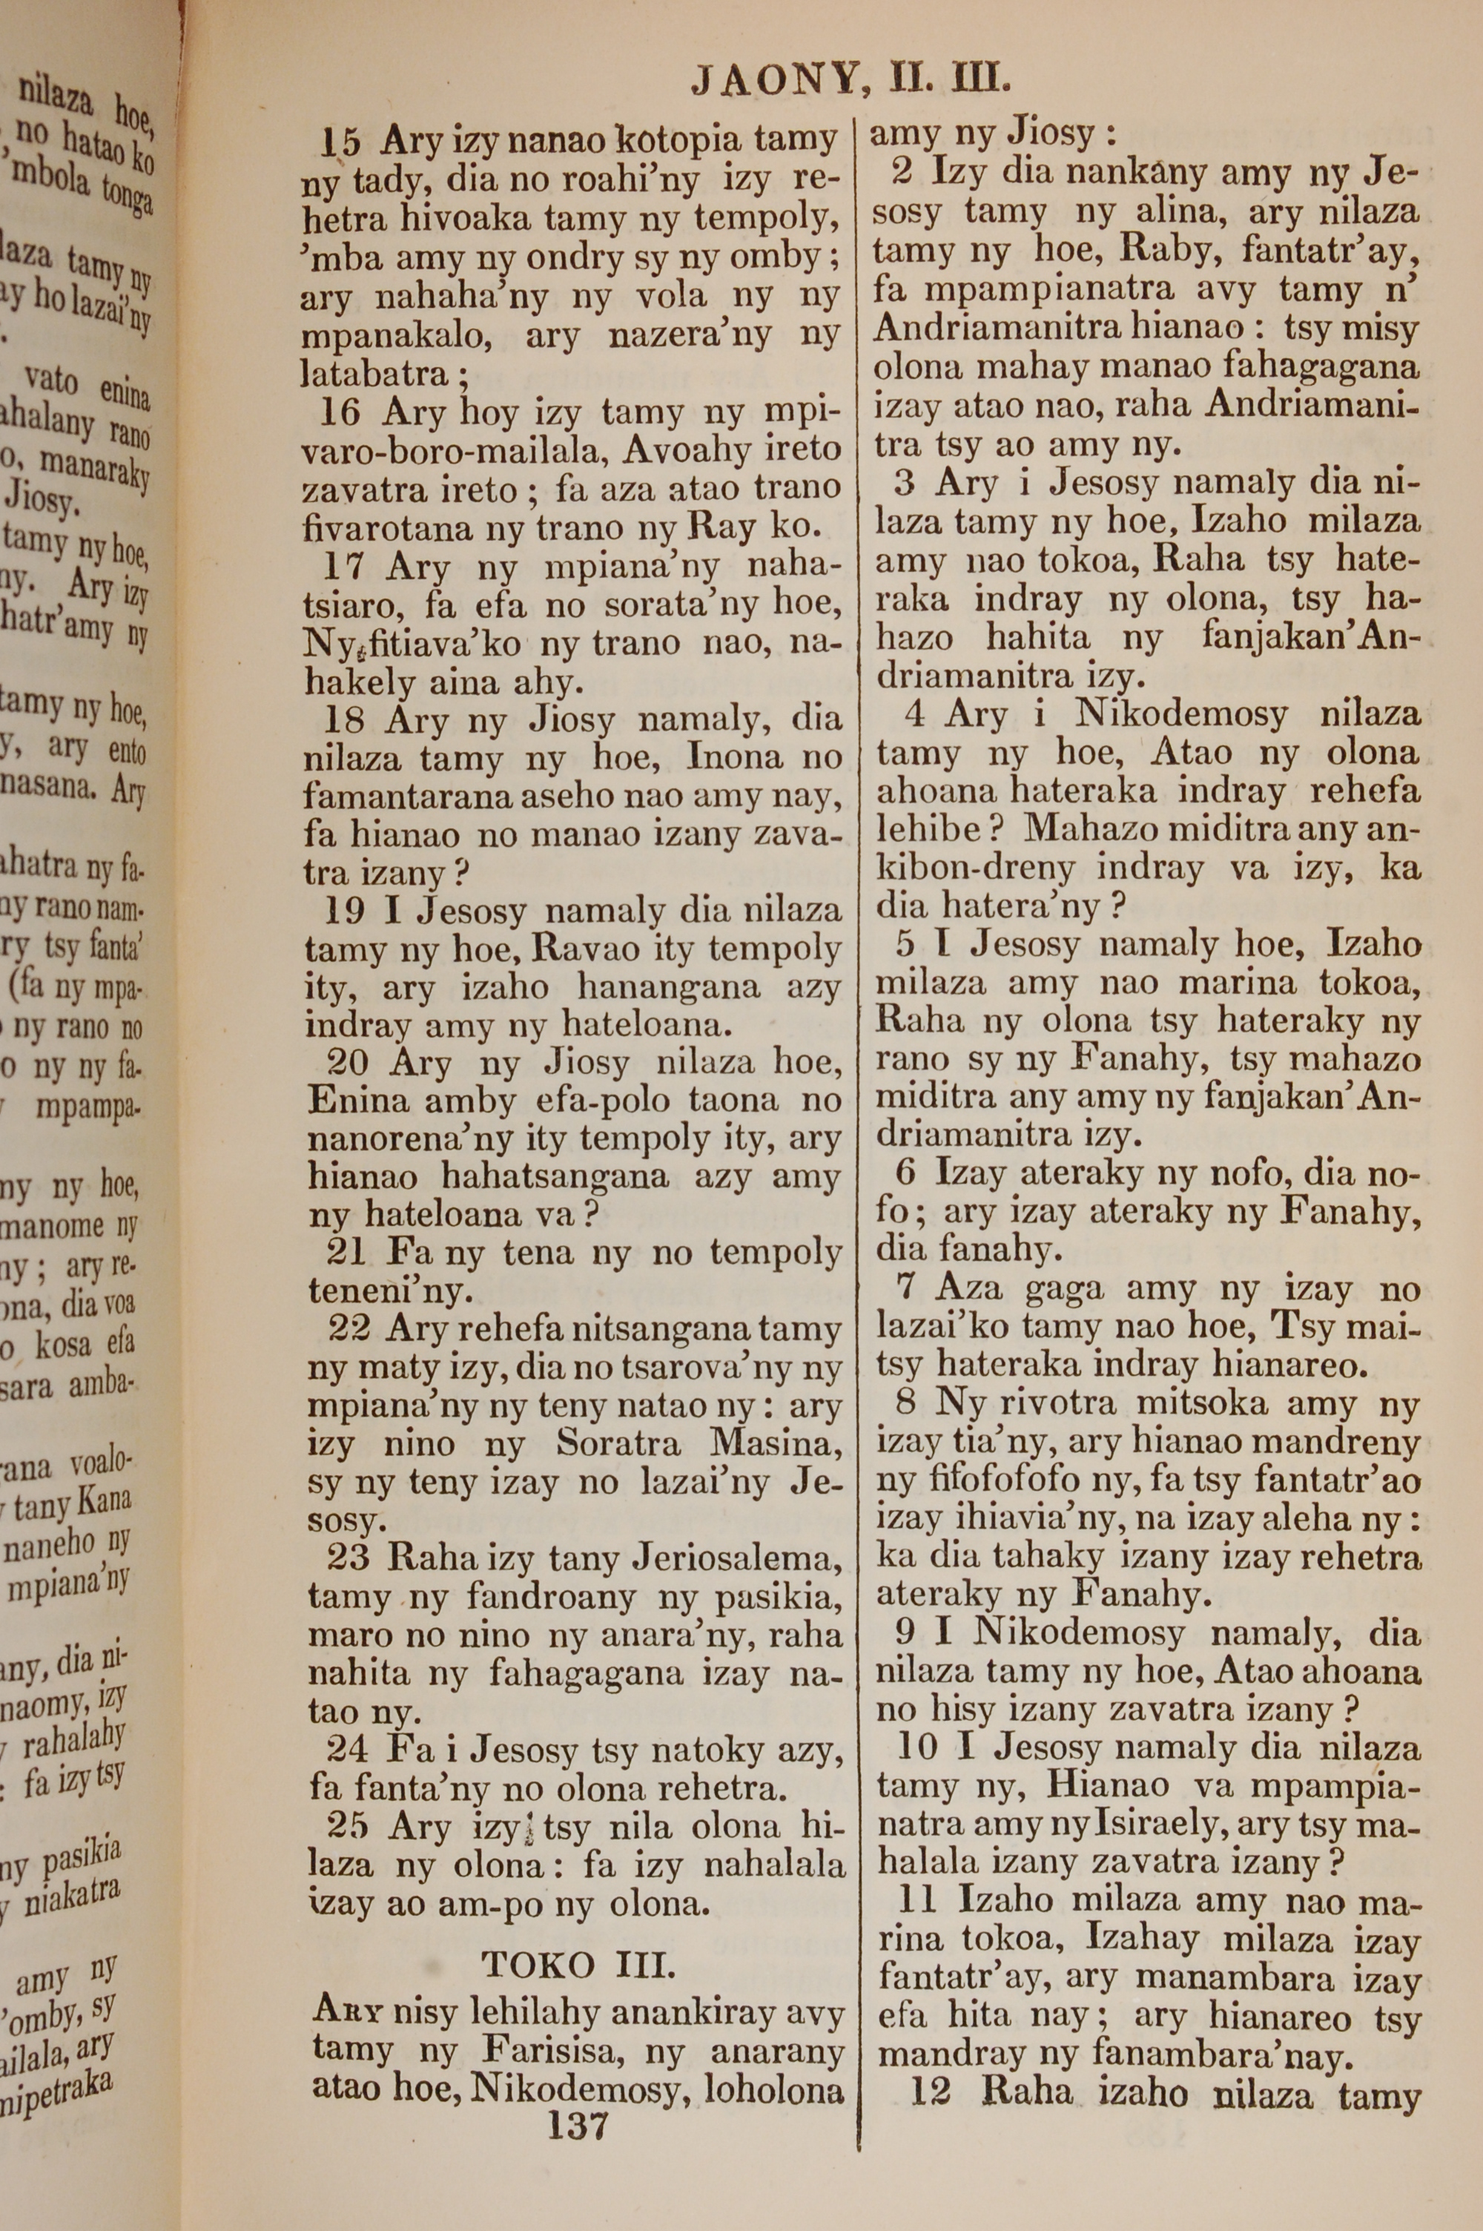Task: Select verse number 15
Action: [x=340, y=143]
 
